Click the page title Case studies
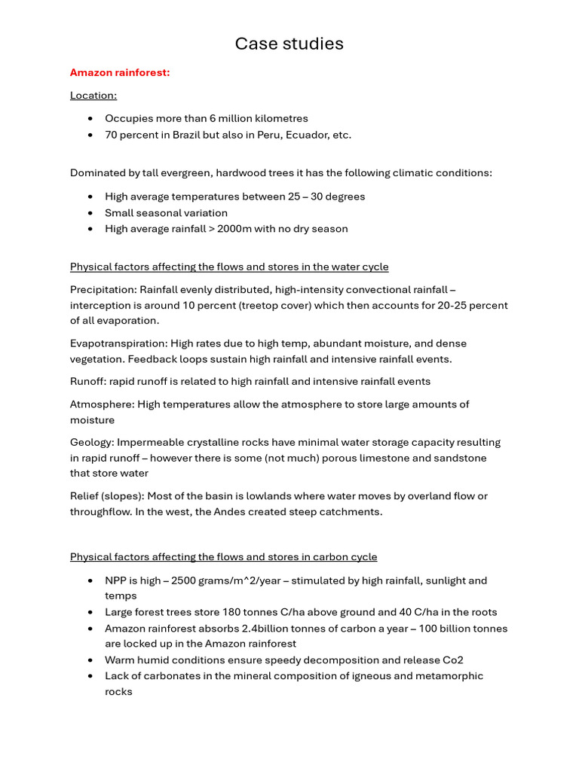[x=289, y=44]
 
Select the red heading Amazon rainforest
[x=120, y=72]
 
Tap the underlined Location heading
[x=93, y=95]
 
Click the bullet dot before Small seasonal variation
[x=90, y=213]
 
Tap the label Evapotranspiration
[x=118, y=343]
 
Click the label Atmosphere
[x=101, y=404]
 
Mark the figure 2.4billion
[x=244, y=629]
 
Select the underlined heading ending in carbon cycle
[x=223, y=557]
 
